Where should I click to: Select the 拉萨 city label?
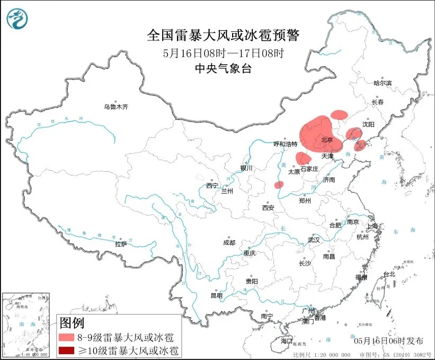(121, 244)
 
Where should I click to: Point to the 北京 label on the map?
(326, 140)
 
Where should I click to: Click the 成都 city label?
(229, 242)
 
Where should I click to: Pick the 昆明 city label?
(217, 295)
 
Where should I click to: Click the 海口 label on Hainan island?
(287, 341)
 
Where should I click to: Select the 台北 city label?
(389, 274)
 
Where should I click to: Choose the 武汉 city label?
(314, 240)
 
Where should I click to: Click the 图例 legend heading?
(72, 322)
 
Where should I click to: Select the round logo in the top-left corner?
(17, 19)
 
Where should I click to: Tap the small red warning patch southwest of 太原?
(279, 185)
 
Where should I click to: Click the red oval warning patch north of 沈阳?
(339, 114)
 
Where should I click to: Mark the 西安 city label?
(268, 208)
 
